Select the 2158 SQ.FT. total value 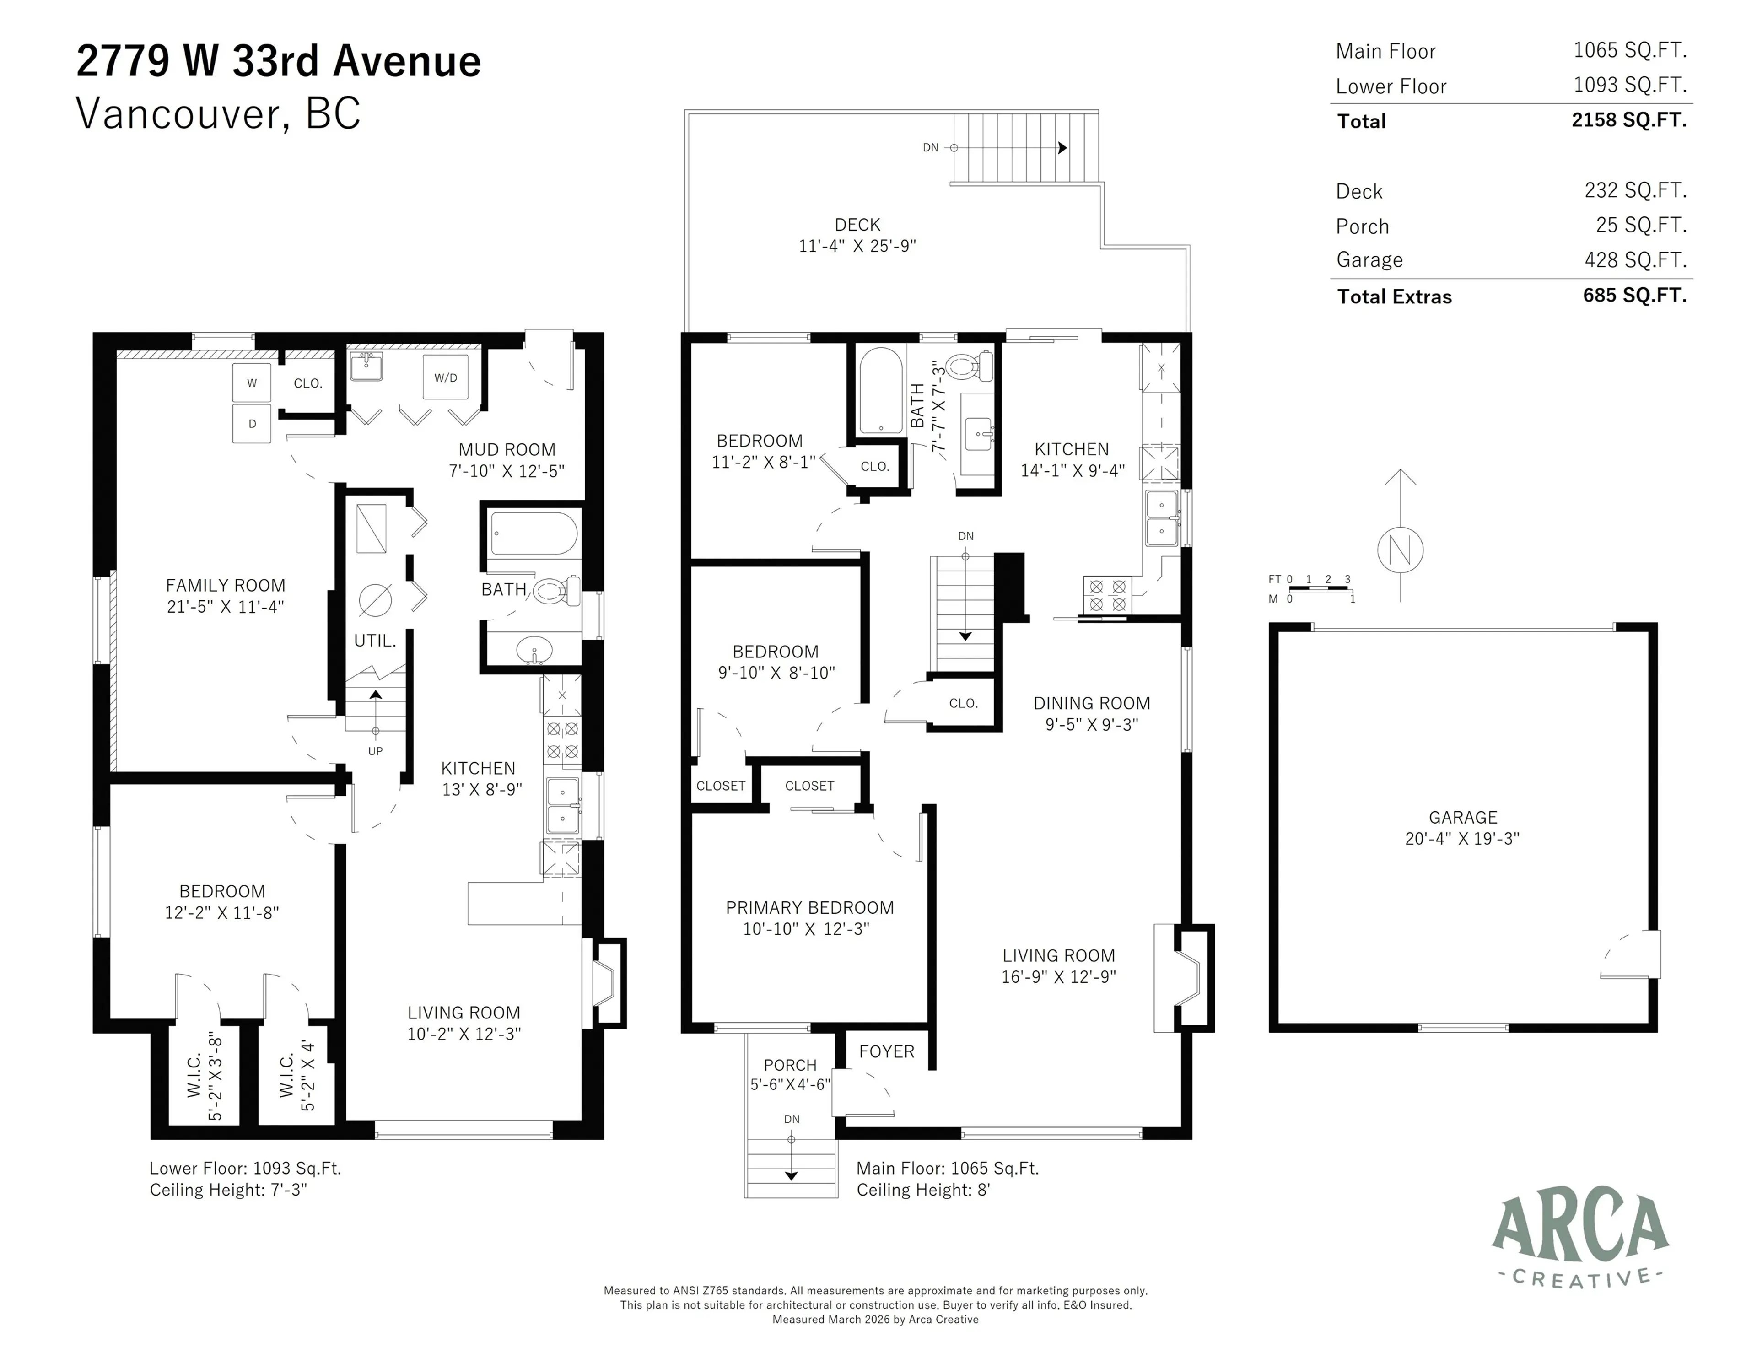pyautogui.click(x=1628, y=120)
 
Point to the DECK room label pyautogui.click(x=857, y=225)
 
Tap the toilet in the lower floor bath pyautogui.click(x=555, y=591)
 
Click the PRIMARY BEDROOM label pyautogui.click(x=809, y=907)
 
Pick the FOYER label pyautogui.click(x=887, y=1051)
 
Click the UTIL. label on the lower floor pyautogui.click(x=375, y=641)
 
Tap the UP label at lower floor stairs pyautogui.click(x=375, y=751)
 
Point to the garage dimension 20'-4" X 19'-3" pyautogui.click(x=1462, y=838)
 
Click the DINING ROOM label pyautogui.click(x=1092, y=703)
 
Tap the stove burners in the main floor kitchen pyautogui.click(x=1107, y=595)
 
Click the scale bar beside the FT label pyautogui.click(x=1320, y=590)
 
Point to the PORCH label pyautogui.click(x=790, y=1065)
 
